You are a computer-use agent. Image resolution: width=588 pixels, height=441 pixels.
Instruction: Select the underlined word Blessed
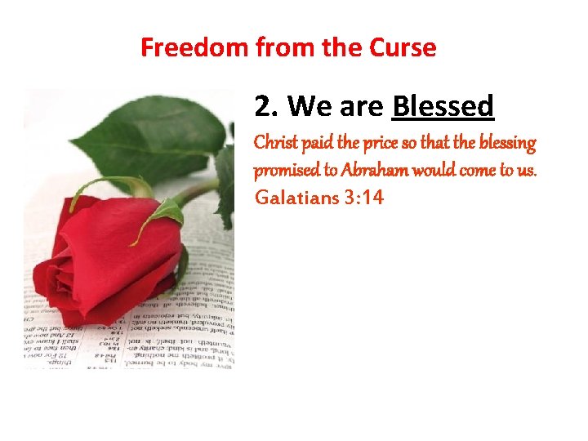pos(443,106)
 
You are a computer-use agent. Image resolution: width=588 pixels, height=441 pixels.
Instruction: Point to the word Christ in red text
pos(276,144)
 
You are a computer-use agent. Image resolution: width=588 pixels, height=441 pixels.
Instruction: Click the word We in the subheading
pos(310,106)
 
